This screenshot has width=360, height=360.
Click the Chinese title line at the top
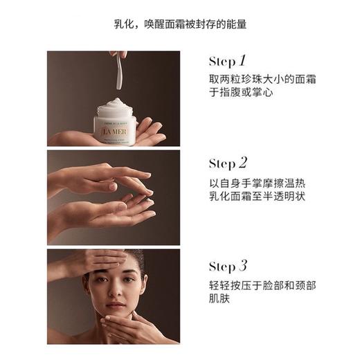[180, 24]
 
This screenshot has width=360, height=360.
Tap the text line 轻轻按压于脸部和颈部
[262, 285]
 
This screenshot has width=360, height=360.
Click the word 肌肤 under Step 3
[219, 299]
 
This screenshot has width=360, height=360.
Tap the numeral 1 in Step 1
[243, 60]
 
